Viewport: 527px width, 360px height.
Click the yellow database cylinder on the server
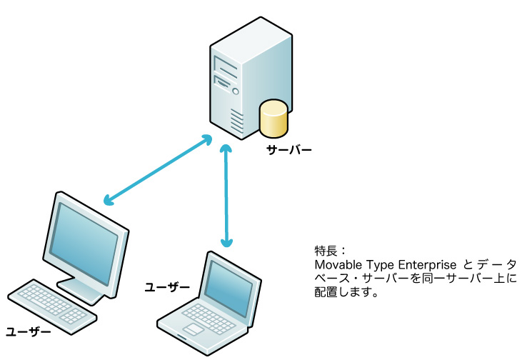pos(274,119)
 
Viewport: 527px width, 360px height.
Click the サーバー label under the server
pos(288,151)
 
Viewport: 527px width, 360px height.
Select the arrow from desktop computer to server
pos(157,169)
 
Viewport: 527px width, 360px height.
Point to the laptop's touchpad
pos(194,329)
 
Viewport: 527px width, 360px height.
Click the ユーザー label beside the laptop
pos(167,287)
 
